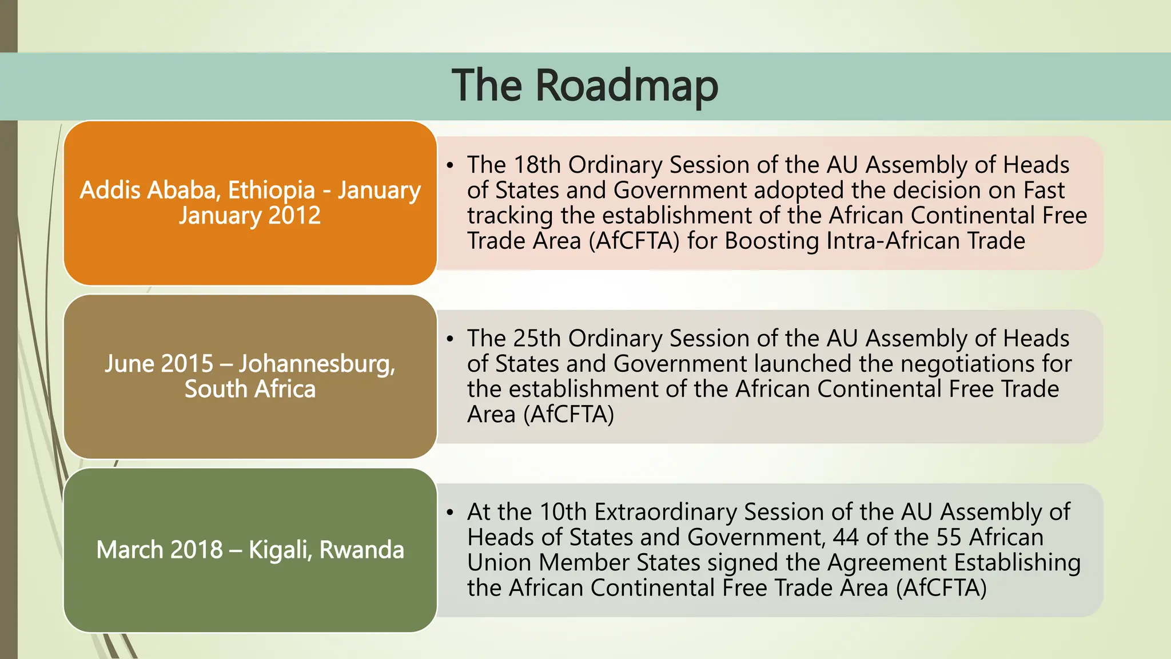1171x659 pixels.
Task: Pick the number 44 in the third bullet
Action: [846, 537]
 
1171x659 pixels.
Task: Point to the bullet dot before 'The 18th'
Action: [450, 166]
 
